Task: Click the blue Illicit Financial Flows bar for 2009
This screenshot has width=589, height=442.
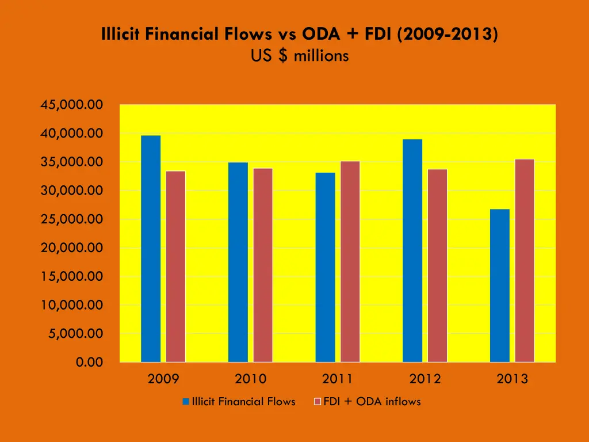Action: click(x=151, y=249)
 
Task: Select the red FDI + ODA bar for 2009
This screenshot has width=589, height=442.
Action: click(x=176, y=266)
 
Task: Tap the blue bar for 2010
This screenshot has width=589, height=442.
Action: click(x=238, y=262)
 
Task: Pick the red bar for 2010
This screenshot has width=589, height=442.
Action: click(x=263, y=265)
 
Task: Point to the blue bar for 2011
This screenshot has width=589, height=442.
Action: click(x=326, y=267)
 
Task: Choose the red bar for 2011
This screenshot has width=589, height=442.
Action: click(x=350, y=261)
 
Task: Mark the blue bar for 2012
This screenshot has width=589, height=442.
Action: click(x=412, y=250)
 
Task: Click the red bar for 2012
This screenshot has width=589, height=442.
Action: click(x=437, y=265)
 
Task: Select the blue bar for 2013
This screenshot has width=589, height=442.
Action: click(x=500, y=285)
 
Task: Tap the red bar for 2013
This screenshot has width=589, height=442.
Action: click(x=525, y=260)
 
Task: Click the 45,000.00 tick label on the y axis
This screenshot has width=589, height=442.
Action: click(x=71, y=105)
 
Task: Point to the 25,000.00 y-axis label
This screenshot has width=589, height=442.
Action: click(x=71, y=219)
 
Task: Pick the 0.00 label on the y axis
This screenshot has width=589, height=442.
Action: click(x=89, y=362)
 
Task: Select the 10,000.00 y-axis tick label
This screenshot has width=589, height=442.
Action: click(x=71, y=305)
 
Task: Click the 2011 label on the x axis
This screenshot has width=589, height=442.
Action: click(x=338, y=379)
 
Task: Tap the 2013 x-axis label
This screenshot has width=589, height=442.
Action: click(x=512, y=379)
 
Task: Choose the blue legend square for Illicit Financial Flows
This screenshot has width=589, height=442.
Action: click(x=186, y=402)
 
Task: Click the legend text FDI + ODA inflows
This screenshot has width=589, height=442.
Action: click(x=372, y=402)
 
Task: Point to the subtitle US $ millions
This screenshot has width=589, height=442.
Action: click(x=300, y=56)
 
